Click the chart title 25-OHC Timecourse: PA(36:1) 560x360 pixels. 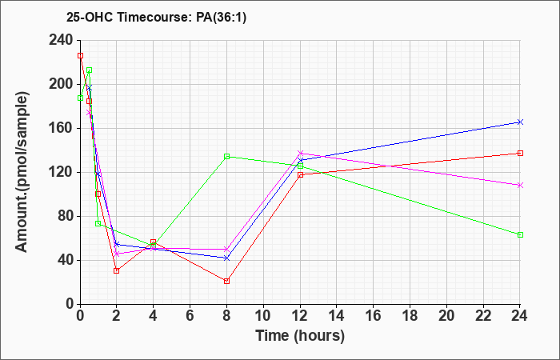(x=157, y=18)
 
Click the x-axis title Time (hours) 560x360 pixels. (x=300, y=336)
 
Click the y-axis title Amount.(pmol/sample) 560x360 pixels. (x=22, y=172)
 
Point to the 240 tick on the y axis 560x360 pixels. (x=64, y=40)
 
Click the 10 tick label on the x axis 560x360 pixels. (x=263, y=316)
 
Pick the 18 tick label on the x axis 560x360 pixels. (x=410, y=316)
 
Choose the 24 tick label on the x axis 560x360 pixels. (x=520, y=316)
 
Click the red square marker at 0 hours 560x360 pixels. (x=80, y=56)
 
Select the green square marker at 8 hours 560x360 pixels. (x=226, y=157)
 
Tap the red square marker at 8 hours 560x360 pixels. (x=226, y=281)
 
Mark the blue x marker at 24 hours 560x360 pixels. (x=520, y=122)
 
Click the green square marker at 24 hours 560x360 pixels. (x=520, y=234)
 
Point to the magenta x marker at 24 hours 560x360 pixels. (x=520, y=185)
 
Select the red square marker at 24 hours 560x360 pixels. (x=520, y=154)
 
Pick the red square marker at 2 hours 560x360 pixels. (x=117, y=270)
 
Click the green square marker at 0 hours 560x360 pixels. (x=80, y=98)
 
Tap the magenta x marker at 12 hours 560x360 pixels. (x=300, y=154)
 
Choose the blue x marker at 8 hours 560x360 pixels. (x=226, y=258)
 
